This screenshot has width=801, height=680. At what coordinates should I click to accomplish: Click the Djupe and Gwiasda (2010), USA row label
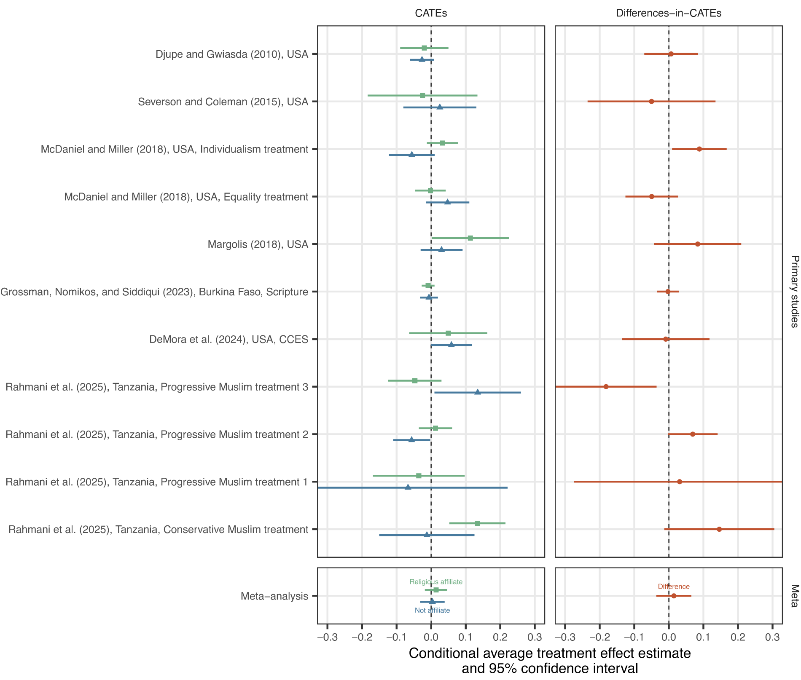[232, 54]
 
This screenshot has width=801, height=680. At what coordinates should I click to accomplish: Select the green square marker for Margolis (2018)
[470, 238]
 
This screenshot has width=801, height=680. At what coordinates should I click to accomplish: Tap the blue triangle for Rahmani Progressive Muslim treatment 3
[478, 392]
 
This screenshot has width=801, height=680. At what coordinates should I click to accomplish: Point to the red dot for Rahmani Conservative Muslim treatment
[719, 529]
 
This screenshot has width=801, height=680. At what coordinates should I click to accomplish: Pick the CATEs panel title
[431, 13]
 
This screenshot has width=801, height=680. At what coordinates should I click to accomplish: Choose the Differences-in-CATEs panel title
[669, 13]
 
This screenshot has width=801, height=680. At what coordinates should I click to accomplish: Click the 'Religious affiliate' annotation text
[436, 582]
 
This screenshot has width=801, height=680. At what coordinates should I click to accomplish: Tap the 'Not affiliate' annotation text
[432, 610]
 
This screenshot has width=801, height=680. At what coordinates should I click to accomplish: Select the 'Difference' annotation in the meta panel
[674, 586]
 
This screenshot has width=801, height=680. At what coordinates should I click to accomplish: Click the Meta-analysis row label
[274, 596]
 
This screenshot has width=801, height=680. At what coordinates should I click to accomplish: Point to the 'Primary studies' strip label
[794, 291]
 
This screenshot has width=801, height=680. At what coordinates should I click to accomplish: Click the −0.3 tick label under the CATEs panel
[327, 637]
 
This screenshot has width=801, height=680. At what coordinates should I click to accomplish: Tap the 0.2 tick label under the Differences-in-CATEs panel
[738, 637]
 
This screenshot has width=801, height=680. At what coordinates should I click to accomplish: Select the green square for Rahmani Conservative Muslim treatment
[477, 523]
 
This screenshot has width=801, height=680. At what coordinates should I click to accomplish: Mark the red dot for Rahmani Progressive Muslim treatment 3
[606, 387]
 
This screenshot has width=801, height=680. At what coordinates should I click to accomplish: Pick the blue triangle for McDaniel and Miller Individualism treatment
[412, 155]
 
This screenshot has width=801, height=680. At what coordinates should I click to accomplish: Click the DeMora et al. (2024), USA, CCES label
[229, 340]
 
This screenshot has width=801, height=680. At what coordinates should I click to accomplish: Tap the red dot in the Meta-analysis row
[674, 596]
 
